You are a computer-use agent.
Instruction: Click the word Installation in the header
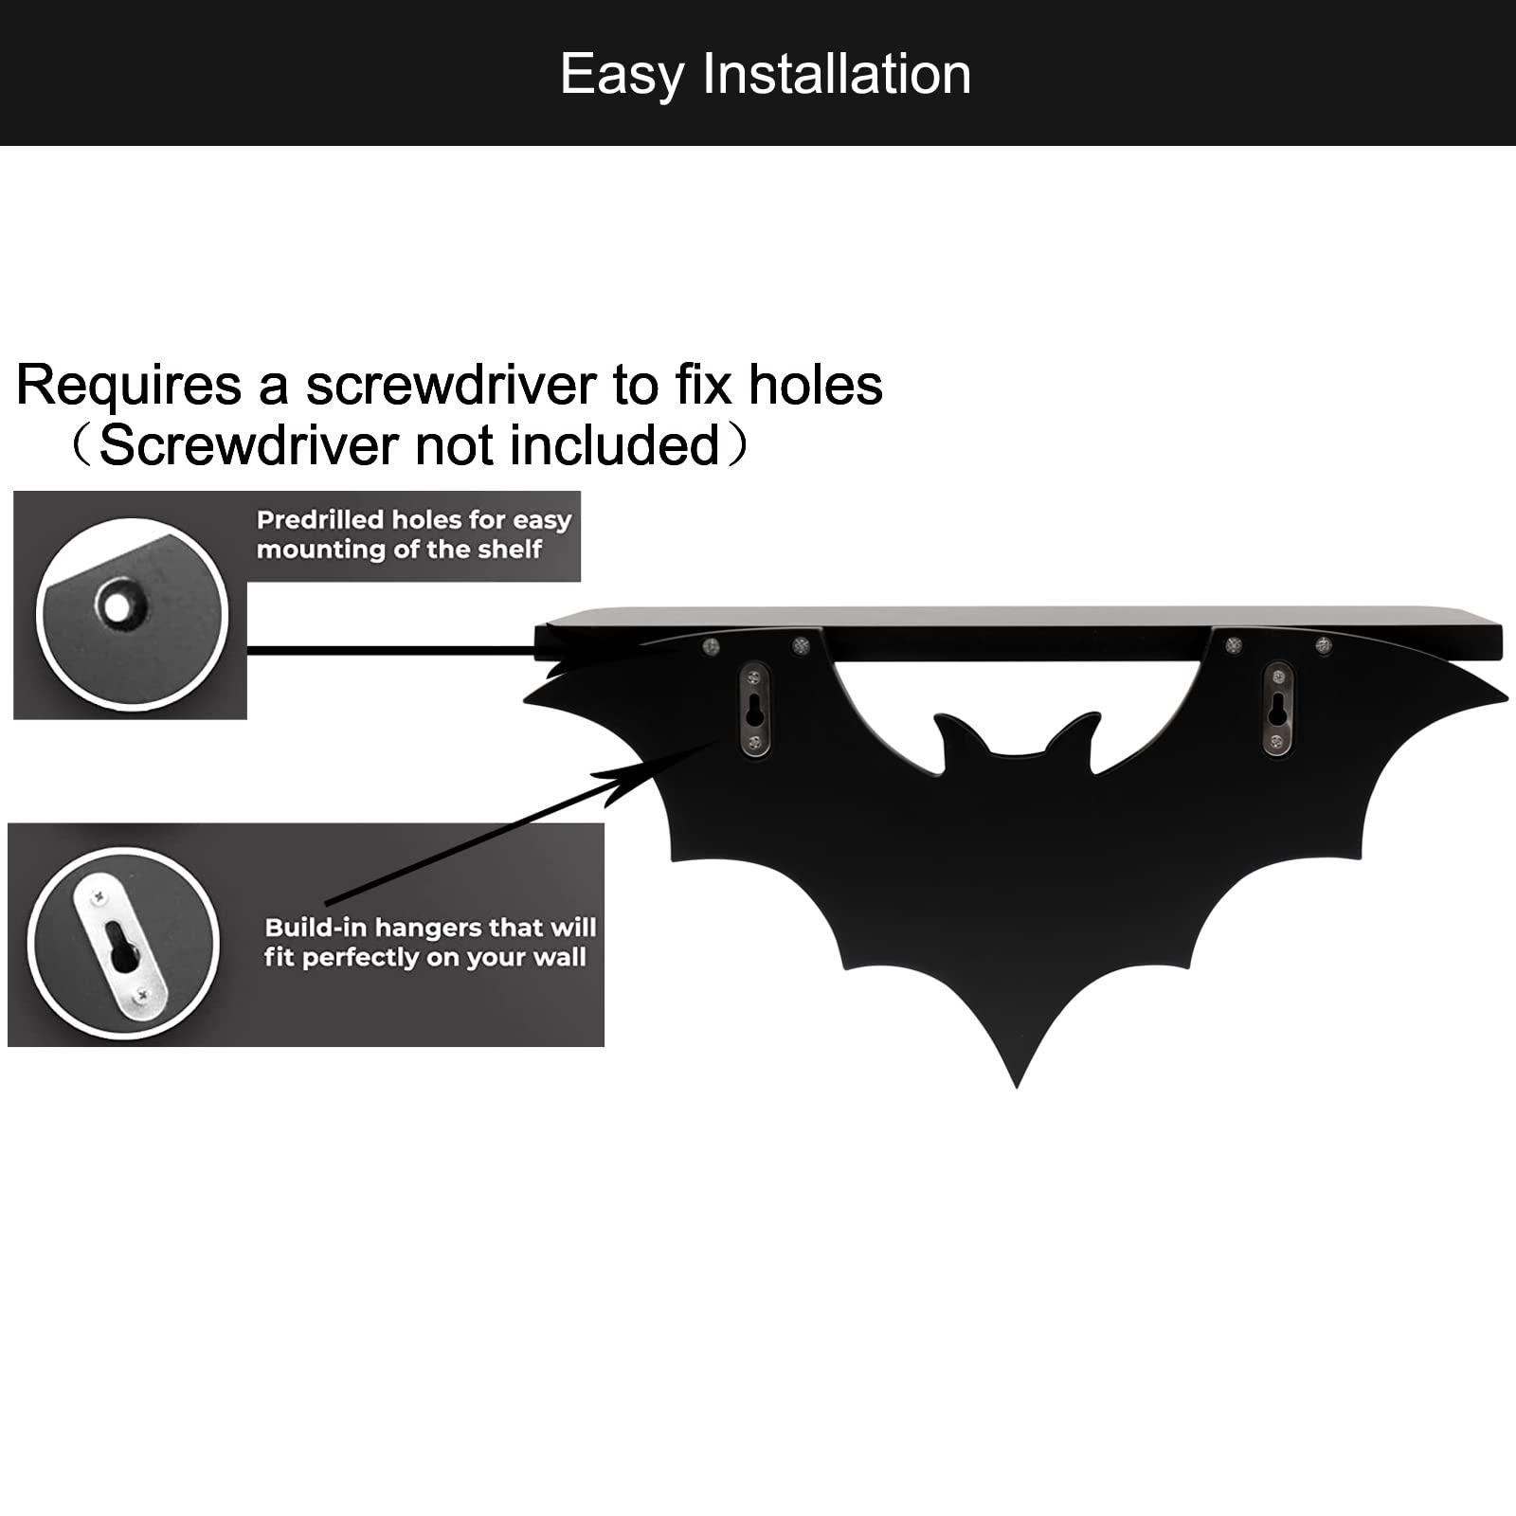(x=837, y=74)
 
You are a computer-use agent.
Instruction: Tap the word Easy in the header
(x=622, y=76)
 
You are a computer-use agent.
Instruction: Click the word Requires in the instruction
(x=129, y=386)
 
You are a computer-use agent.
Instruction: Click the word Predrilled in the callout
(x=319, y=519)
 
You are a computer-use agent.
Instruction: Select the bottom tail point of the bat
(x=1017, y=1086)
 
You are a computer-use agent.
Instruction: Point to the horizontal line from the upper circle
(x=391, y=650)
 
